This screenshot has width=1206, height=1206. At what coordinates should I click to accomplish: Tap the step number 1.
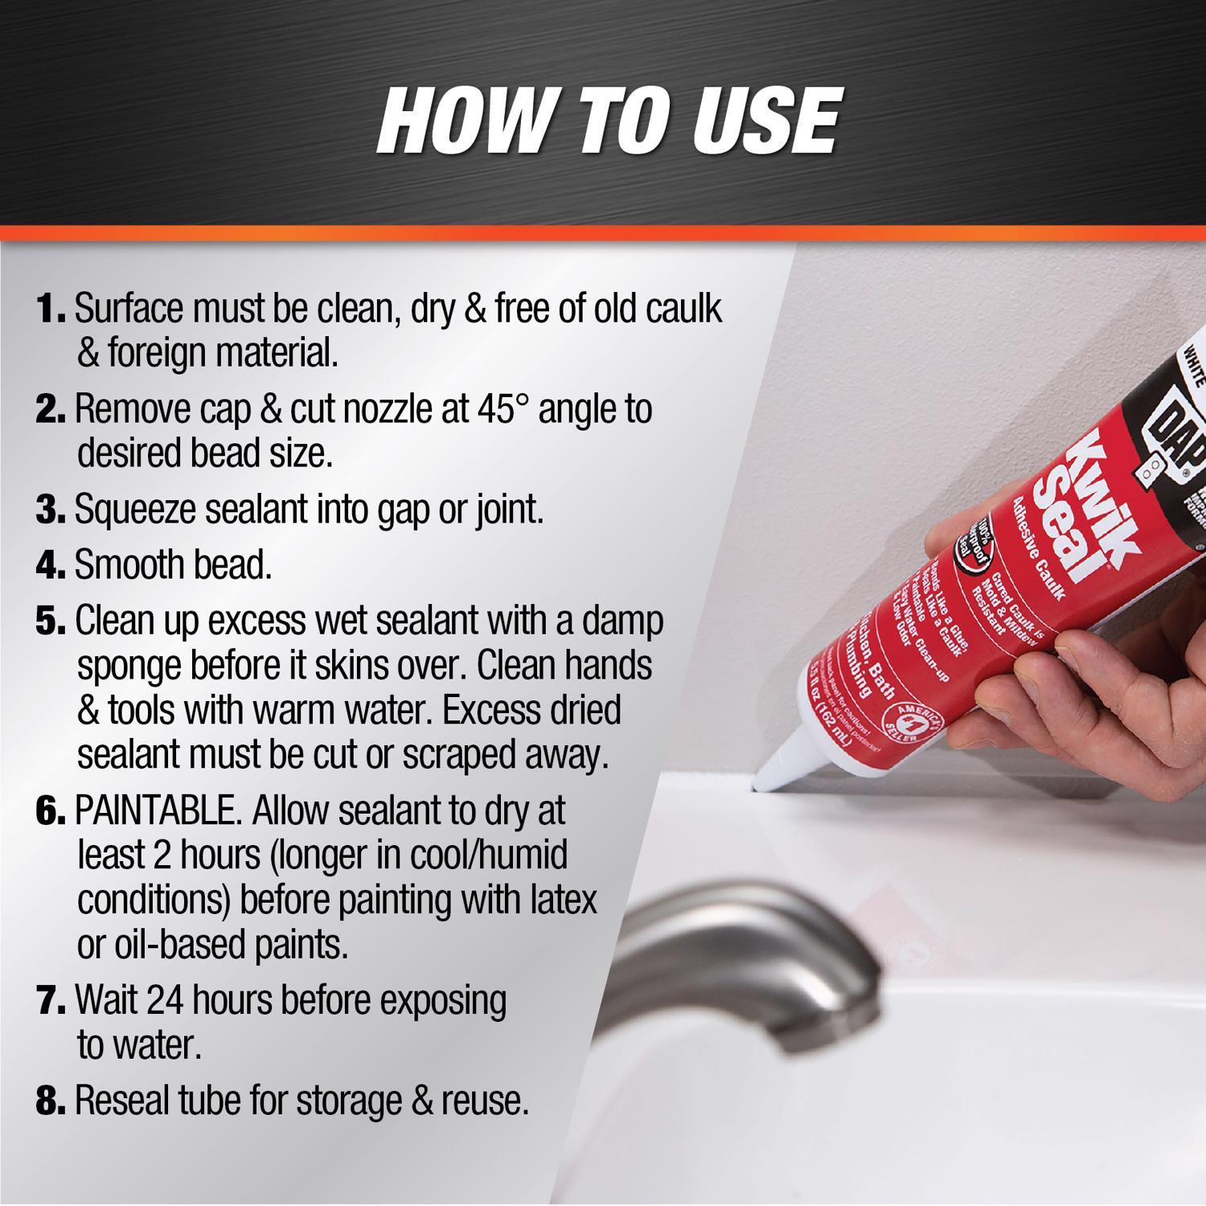[51, 310]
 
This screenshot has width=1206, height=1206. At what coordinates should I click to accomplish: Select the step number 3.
[51, 511]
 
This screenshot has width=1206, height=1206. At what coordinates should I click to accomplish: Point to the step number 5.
[51, 621]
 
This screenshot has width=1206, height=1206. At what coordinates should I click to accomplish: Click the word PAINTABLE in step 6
[158, 812]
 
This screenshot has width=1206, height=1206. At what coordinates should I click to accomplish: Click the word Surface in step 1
[132, 310]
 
